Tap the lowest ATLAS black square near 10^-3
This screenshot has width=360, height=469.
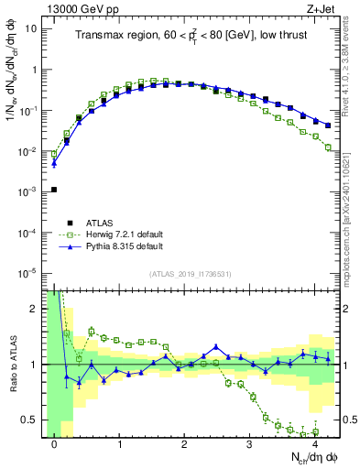[x=54, y=190]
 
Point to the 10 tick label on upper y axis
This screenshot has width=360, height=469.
[x=30, y=28]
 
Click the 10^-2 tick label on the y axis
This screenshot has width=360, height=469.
[x=27, y=151]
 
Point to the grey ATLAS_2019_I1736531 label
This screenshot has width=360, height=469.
[x=191, y=275]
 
